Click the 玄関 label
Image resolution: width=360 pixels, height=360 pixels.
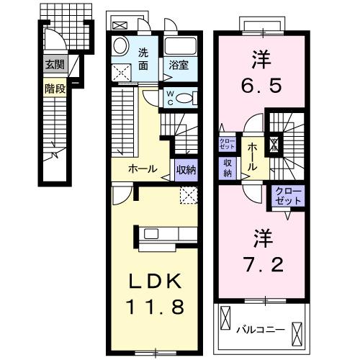54,65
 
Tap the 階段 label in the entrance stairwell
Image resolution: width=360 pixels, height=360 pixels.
54,90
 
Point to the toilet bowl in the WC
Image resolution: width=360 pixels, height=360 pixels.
185,99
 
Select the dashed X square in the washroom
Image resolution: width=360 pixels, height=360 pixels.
122,72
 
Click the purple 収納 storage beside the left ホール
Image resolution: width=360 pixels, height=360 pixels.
186,170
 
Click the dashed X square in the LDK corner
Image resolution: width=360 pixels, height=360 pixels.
189,194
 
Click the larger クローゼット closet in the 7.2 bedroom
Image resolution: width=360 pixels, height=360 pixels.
288,195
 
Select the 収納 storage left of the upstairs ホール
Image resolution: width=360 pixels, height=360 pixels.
228,167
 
